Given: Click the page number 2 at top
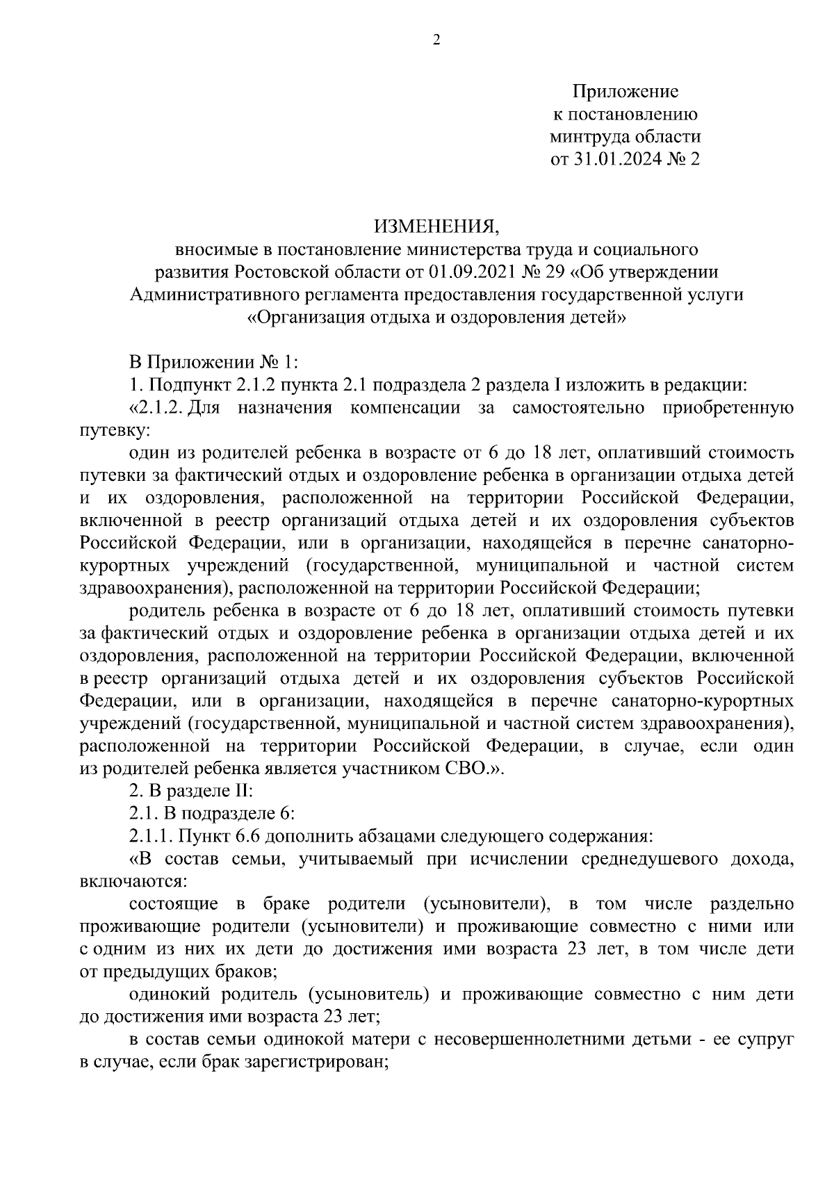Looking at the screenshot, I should coord(436,40).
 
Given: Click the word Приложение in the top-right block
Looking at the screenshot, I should coord(625,92).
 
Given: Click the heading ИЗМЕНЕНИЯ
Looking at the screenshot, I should coord(436,226).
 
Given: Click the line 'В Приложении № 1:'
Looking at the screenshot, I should coord(214,362).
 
